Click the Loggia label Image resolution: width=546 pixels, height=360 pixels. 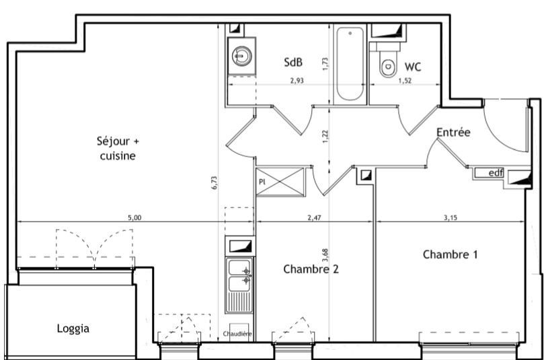(x=73, y=328)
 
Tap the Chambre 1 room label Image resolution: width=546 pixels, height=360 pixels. (x=451, y=254)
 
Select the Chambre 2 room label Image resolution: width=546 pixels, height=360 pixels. (x=311, y=269)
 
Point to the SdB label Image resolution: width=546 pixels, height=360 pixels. (x=293, y=62)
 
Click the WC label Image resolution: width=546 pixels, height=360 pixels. (x=413, y=67)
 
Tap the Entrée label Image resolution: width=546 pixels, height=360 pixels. (x=453, y=132)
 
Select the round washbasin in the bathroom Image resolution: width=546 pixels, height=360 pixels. (x=242, y=56)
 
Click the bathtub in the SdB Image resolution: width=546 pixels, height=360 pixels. (x=350, y=65)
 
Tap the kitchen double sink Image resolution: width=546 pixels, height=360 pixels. (x=239, y=285)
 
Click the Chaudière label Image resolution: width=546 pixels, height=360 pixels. (x=237, y=334)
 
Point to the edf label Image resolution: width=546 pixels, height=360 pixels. (x=496, y=172)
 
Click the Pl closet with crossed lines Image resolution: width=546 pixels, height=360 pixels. (x=280, y=182)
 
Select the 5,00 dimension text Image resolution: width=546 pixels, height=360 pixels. (x=134, y=218)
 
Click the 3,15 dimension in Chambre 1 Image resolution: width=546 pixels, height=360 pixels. (x=451, y=218)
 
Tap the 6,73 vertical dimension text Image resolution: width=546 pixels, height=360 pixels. (x=214, y=182)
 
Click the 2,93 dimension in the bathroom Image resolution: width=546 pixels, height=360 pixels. (x=297, y=81)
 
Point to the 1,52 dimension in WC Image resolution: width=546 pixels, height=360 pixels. (x=405, y=81)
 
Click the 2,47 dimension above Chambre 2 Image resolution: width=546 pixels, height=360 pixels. (x=314, y=218)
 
